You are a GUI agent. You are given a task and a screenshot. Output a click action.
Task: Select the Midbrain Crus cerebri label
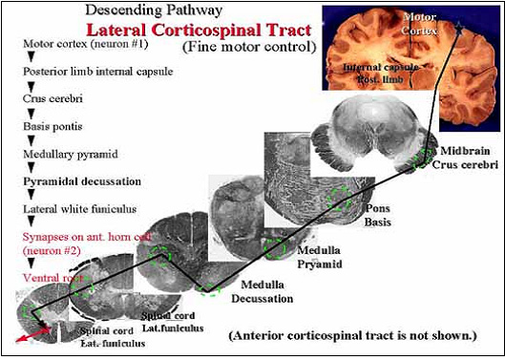[464, 159]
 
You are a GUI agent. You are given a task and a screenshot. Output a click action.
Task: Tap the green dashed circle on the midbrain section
[421, 158]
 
